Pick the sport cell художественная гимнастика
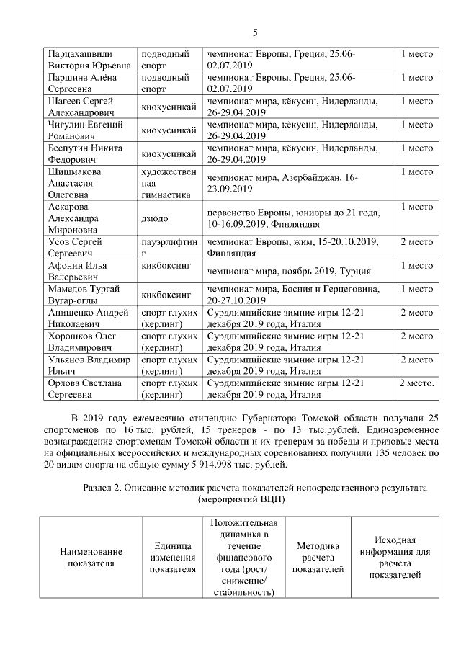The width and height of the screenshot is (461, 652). click(x=169, y=183)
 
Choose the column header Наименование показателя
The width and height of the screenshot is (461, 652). click(x=90, y=557)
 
